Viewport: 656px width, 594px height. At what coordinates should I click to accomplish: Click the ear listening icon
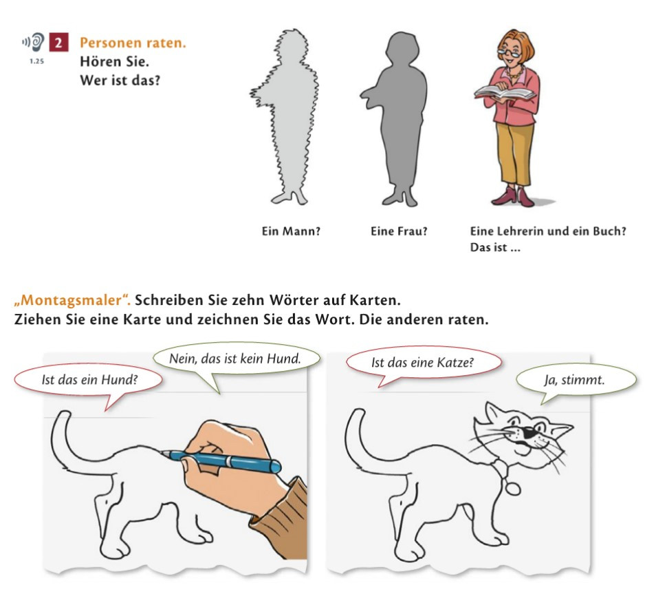pyautogui.click(x=34, y=42)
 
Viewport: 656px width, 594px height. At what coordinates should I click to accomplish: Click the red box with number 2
pyautogui.click(x=58, y=42)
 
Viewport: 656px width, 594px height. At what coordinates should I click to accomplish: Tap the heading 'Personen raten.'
pyautogui.click(x=133, y=43)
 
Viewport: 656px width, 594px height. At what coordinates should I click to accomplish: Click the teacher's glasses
pyautogui.click(x=509, y=53)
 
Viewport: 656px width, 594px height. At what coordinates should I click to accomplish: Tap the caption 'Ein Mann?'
pyautogui.click(x=291, y=231)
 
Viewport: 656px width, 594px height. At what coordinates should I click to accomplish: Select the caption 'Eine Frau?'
pyautogui.click(x=399, y=231)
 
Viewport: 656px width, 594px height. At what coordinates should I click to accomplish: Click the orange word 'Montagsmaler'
pyautogui.click(x=72, y=300)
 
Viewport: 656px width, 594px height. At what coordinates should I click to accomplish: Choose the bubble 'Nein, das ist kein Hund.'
pyautogui.click(x=236, y=359)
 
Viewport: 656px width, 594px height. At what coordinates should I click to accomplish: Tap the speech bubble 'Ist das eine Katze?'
pyautogui.click(x=423, y=363)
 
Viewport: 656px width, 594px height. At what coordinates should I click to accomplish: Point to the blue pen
pyautogui.click(x=221, y=460)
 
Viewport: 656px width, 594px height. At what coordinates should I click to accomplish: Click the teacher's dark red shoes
pyautogui.click(x=514, y=196)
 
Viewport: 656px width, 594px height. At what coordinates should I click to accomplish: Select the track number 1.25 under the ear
pyautogui.click(x=37, y=61)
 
